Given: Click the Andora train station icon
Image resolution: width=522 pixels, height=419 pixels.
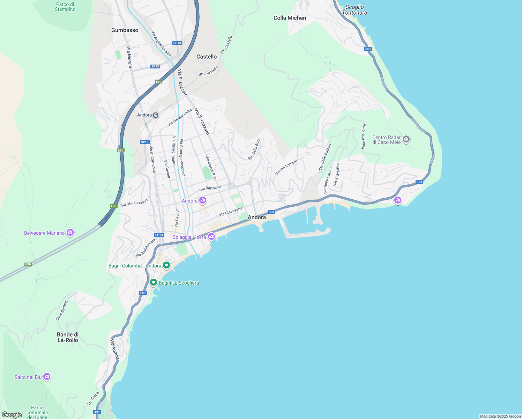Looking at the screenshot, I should point(156,115).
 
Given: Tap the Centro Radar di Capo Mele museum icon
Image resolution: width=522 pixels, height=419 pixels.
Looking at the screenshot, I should point(406,139).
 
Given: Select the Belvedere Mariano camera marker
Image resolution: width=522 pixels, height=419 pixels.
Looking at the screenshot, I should point(70,233).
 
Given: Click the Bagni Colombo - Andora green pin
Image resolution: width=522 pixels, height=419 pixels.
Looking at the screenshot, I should point(166,265).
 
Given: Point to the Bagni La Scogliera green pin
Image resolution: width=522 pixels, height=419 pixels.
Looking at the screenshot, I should point(153,282).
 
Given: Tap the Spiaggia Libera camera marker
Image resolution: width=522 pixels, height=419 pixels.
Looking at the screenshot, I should point(211,237).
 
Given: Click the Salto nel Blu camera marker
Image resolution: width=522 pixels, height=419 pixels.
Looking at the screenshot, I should point(47,377).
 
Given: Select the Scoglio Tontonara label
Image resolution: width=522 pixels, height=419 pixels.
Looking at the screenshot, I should point(355,10).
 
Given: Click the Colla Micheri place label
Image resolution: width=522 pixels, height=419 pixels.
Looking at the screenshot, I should point(290,18).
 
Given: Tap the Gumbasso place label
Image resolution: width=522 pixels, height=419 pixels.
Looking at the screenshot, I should point(125,30).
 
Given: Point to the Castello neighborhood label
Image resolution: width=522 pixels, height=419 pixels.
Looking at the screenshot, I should point(206,57).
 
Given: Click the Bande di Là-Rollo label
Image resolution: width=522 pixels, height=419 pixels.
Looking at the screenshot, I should point(68,337).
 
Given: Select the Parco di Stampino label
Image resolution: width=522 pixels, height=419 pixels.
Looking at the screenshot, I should point(65,7).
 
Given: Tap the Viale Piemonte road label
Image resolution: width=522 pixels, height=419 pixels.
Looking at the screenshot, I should point(364,137).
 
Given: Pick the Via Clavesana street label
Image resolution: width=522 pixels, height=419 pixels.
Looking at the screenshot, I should point(230,212).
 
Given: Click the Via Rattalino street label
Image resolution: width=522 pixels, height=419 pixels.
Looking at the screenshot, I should point(210,188).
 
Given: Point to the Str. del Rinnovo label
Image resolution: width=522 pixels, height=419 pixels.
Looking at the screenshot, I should point(134,203).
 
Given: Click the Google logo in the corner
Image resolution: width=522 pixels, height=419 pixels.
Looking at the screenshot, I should point(12,415).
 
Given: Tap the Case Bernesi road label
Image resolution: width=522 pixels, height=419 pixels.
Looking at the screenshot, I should point(62,310).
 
